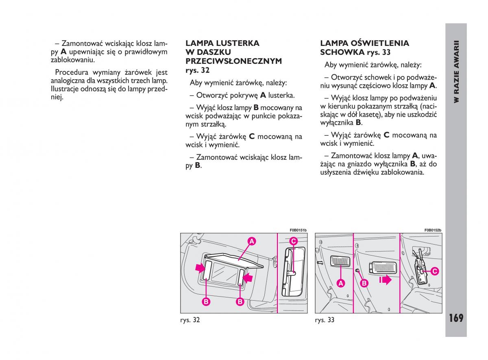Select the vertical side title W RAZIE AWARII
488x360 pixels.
tap(456, 71)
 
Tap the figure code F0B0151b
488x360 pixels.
tap(298, 230)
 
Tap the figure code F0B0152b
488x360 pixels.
tap(433, 230)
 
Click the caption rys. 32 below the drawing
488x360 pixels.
tap(190, 320)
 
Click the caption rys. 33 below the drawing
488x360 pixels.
tap(325, 320)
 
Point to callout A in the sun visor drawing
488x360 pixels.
tap(252, 241)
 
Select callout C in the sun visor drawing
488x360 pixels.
tap(294, 241)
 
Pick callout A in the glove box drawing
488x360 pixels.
tap(341, 283)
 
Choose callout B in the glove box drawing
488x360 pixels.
tap(364, 283)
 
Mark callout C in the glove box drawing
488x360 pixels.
tap(434, 271)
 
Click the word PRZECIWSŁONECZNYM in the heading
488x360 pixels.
tap(233, 61)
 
